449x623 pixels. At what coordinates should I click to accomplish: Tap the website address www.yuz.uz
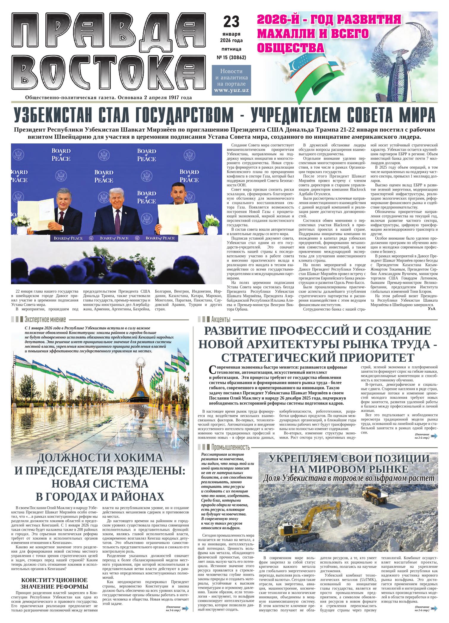(231, 90)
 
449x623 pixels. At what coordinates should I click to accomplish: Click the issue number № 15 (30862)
(231, 57)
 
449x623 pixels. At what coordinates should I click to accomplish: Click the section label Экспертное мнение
(45, 320)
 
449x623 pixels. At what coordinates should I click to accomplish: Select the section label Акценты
(221, 320)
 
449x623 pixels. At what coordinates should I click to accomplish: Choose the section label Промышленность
(230, 447)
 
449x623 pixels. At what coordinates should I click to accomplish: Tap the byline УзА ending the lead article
(432, 309)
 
